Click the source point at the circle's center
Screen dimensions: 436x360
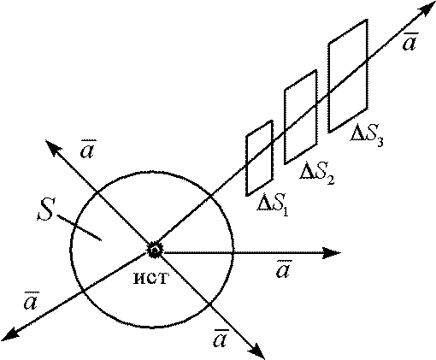click(x=155, y=251)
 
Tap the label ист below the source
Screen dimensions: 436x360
click(x=151, y=278)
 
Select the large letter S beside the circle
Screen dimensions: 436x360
click(x=45, y=210)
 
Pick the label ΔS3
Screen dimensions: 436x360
click(x=367, y=135)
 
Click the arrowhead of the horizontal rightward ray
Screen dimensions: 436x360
click(x=331, y=253)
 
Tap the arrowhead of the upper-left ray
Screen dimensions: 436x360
click(x=53, y=146)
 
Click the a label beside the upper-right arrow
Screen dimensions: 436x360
click(x=410, y=42)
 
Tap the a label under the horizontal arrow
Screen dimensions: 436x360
click(x=284, y=269)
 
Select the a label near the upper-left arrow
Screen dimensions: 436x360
click(x=88, y=149)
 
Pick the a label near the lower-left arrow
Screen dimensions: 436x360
click(x=31, y=301)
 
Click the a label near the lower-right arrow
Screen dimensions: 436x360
click(x=221, y=338)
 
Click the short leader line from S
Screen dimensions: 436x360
click(x=80, y=227)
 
